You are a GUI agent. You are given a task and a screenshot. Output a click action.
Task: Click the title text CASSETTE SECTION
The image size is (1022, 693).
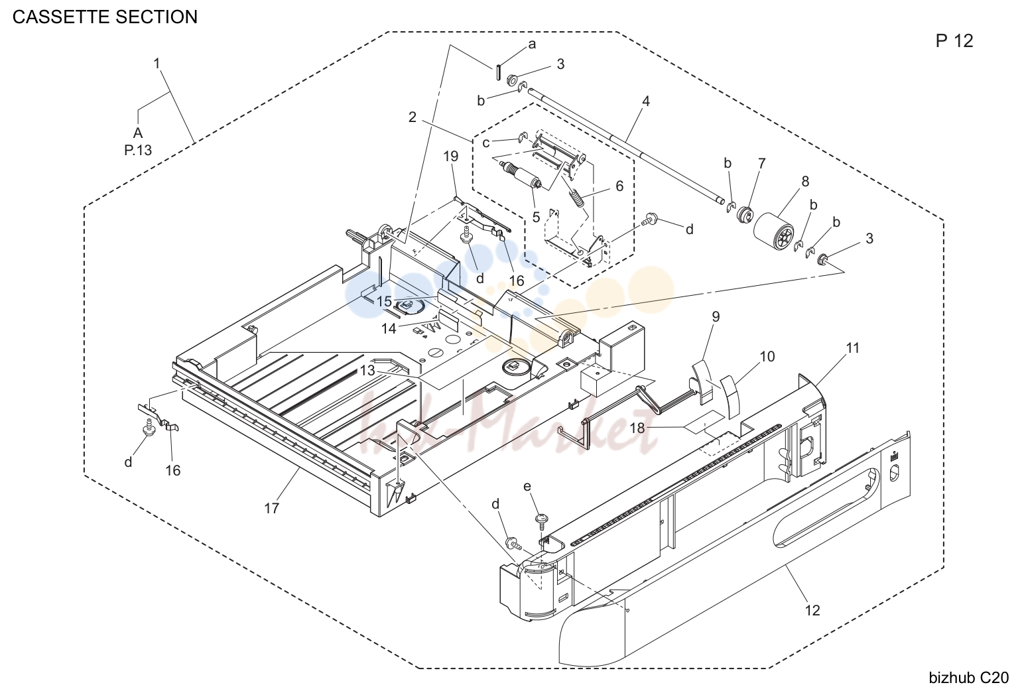point(105,17)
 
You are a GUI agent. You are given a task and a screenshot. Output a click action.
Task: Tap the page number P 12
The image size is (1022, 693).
point(954,41)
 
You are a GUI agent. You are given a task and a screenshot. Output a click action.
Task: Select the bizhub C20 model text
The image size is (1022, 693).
point(969,678)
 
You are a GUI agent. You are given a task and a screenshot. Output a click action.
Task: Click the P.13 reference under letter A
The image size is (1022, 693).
point(138,150)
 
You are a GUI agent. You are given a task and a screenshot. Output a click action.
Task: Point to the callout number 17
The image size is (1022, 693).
point(271,508)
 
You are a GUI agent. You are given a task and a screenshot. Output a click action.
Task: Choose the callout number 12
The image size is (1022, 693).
point(812,610)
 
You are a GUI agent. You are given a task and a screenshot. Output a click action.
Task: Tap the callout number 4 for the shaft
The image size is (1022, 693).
point(645,101)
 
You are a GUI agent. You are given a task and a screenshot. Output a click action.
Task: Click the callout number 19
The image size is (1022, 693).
point(451,156)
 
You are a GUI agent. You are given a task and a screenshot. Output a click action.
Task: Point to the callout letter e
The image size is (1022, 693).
point(527,486)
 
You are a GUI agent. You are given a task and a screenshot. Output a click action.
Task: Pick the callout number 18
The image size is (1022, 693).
point(637,428)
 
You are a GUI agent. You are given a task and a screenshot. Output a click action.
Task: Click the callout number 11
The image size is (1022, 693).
point(852,347)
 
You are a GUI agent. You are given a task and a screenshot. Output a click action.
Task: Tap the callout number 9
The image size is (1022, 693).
point(716,316)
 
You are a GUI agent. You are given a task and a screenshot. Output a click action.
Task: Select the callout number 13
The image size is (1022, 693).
point(367,371)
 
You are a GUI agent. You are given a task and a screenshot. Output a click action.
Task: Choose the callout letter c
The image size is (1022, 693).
point(486,143)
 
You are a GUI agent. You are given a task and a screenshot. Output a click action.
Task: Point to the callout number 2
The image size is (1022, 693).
point(412,117)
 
